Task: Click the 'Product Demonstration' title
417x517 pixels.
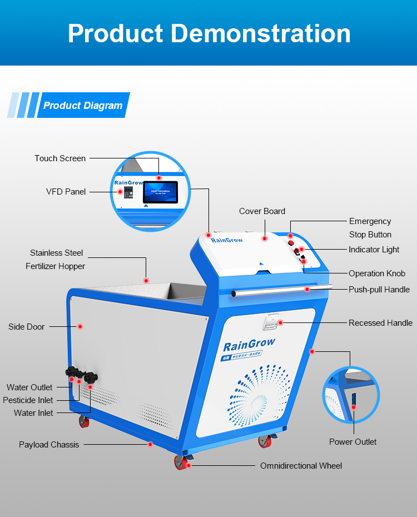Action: pos(209,33)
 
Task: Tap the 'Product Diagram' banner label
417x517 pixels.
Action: pos(83,106)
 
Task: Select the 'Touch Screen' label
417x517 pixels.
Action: pos(60,158)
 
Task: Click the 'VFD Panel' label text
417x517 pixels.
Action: pos(66,192)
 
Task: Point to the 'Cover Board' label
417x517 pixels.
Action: pos(262,211)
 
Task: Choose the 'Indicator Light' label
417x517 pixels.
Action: pos(374,250)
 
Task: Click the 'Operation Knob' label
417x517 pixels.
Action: pos(376,274)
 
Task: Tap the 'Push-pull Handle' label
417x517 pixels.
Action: pos(379,290)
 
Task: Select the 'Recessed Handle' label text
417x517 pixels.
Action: pos(380,323)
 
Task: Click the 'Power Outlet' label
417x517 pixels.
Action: pos(353,442)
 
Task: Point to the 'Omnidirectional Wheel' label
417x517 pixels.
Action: pos(301,466)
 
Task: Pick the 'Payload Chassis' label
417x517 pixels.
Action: pos(49,445)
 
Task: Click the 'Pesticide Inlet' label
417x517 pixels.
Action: pos(28,400)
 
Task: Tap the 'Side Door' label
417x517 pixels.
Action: pos(26,327)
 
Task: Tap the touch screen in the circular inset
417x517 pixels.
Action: pos(161,192)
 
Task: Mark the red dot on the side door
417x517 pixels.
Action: pos(80,327)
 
